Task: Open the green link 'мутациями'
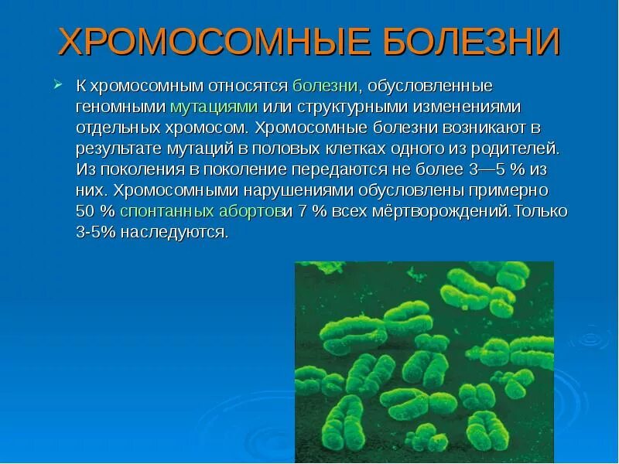[x=214, y=106]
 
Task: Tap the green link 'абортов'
[x=248, y=211]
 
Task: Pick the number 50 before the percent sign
[x=85, y=211]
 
